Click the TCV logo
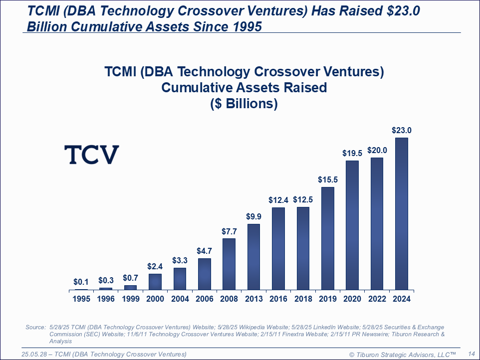click(x=91, y=155)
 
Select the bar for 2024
click(x=401, y=213)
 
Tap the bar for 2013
click(x=253, y=257)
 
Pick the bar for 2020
click(x=352, y=225)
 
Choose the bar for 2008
click(x=229, y=264)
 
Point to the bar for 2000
click(x=155, y=282)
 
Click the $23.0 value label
click(x=401, y=131)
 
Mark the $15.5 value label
click(x=327, y=180)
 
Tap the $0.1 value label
click(x=81, y=282)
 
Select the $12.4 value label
click(x=278, y=200)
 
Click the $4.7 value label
click(x=204, y=251)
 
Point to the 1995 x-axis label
click(x=81, y=299)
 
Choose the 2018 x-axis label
click(x=303, y=299)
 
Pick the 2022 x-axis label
click(x=377, y=299)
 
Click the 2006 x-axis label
click(x=204, y=299)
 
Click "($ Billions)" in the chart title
click(x=244, y=104)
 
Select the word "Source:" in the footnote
click(x=35, y=327)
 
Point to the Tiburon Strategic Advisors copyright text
click(x=402, y=354)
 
